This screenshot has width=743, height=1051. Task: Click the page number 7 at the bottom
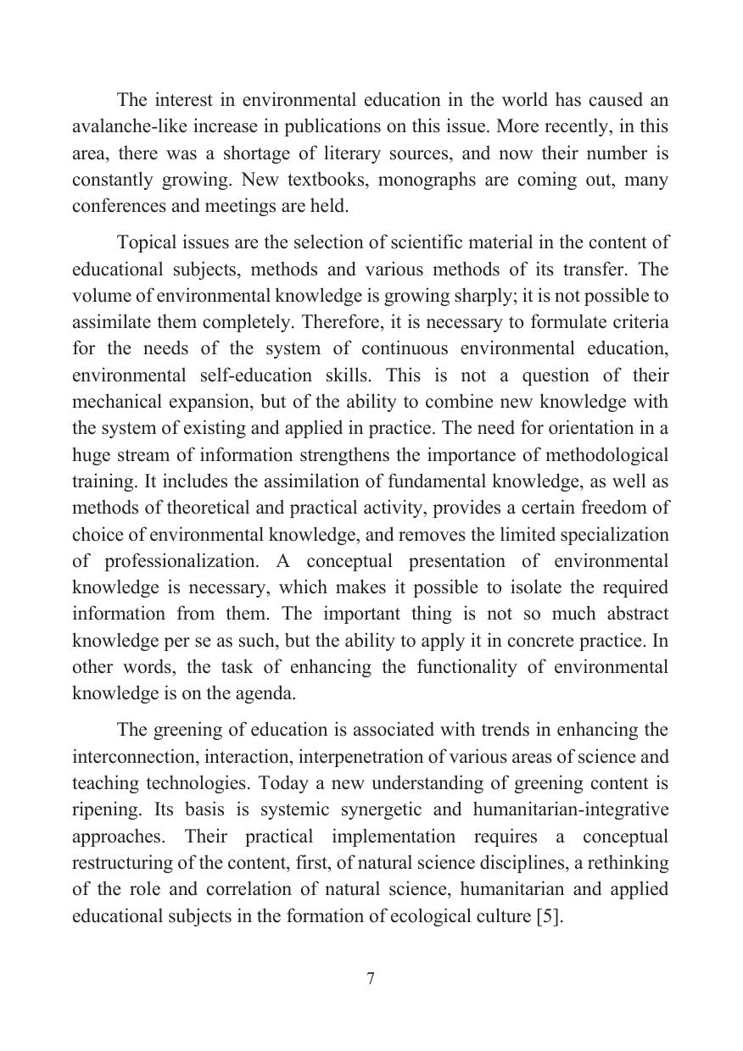coord(371,979)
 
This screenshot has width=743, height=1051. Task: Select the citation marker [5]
coord(549,916)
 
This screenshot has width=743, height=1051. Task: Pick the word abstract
coord(627,614)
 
